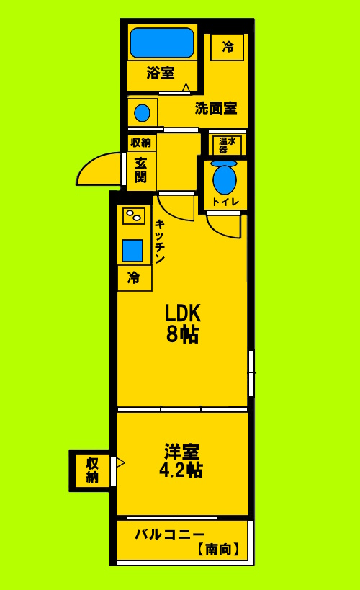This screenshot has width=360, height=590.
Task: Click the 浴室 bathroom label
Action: point(160,73)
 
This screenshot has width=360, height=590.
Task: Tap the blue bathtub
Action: point(162,43)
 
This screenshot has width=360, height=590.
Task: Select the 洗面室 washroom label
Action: point(216,109)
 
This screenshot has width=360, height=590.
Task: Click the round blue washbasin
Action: point(143,113)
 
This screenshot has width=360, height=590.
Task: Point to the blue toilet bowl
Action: point(224,179)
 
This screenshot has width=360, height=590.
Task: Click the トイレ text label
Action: point(225,202)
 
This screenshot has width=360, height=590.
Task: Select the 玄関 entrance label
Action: point(140,169)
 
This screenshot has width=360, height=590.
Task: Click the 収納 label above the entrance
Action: point(141,142)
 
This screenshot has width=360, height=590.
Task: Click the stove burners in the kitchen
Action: point(134,215)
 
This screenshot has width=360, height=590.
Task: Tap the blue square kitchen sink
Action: point(132,250)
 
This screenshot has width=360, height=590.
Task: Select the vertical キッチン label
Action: point(160,241)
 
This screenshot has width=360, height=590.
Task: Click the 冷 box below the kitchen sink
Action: point(134,278)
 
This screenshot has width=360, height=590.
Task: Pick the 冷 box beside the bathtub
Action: point(228,48)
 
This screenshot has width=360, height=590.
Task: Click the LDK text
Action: point(183,313)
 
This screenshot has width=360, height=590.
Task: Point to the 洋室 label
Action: point(181,452)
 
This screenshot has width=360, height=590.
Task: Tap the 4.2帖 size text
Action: point(181,470)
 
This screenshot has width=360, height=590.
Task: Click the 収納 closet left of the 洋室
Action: point(93,470)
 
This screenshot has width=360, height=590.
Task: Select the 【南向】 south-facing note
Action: point(218,550)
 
